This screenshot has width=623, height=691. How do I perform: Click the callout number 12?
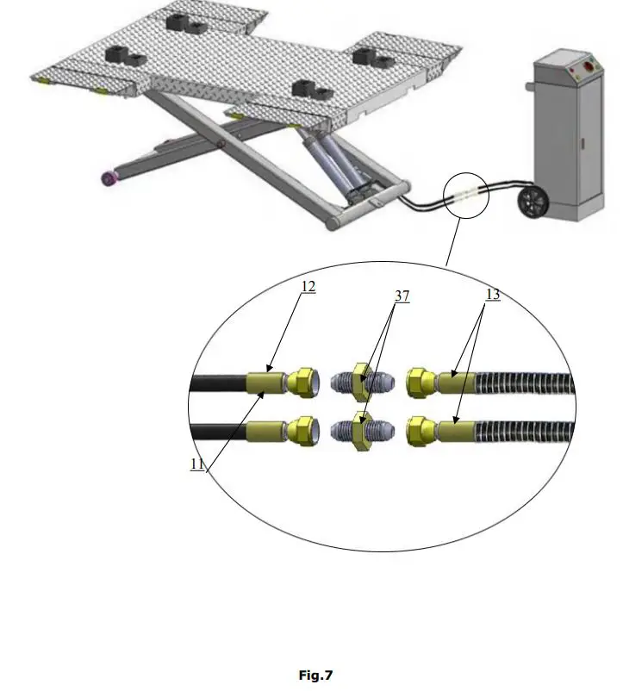(x=308, y=287)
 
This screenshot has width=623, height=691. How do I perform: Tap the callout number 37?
(x=401, y=296)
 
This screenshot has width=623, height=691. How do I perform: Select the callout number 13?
(x=492, y=295)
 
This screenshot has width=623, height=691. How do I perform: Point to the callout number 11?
(x=198, y=464)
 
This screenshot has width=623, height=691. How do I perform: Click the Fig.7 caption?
(x=315, y=675)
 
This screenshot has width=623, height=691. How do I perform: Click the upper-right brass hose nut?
(x=419, y=380)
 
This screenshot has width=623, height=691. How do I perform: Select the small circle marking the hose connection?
(x=466, y=195)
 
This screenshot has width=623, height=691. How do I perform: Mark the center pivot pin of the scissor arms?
(x=222, y=144)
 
